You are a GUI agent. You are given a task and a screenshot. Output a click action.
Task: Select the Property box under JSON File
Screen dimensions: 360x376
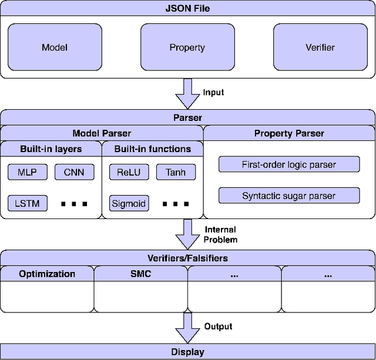[187, 47]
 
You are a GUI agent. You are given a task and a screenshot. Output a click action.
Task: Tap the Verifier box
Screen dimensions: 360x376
[321, 47]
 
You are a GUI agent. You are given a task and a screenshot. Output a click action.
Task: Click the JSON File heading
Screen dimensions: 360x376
[187, 8]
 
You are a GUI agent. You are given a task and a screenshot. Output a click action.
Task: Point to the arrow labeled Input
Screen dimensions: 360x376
[187, 93]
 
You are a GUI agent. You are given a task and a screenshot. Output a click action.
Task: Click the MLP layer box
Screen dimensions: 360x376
[27, 172]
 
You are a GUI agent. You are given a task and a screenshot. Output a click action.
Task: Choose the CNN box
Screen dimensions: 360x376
[74, 172]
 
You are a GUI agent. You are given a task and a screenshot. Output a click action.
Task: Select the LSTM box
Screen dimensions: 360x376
[27, 204]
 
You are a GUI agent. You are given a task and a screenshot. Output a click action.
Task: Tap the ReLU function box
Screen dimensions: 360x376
[128, 172]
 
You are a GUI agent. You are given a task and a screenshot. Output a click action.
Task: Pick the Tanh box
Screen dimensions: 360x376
[176, 172]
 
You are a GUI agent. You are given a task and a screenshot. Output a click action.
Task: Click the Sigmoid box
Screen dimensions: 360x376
[128, 204]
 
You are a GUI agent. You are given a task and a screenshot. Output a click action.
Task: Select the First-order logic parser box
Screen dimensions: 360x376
[288, 164]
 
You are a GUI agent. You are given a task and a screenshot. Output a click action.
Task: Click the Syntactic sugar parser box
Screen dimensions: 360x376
[288, 196]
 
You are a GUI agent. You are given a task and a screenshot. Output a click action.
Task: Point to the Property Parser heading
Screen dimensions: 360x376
[289, 133]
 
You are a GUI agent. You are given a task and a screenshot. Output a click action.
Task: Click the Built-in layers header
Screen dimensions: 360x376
[51, 149]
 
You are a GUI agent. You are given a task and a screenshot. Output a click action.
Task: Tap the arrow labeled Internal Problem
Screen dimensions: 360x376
[187, 234]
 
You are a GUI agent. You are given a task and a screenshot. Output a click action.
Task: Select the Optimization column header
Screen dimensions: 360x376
[47, 274]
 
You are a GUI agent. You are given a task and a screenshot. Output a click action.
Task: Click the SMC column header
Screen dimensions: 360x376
[140, 274]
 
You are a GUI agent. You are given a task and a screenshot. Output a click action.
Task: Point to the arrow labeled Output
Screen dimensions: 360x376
[187, 327]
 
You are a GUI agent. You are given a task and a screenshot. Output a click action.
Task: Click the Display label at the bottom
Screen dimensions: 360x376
[187, 352]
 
